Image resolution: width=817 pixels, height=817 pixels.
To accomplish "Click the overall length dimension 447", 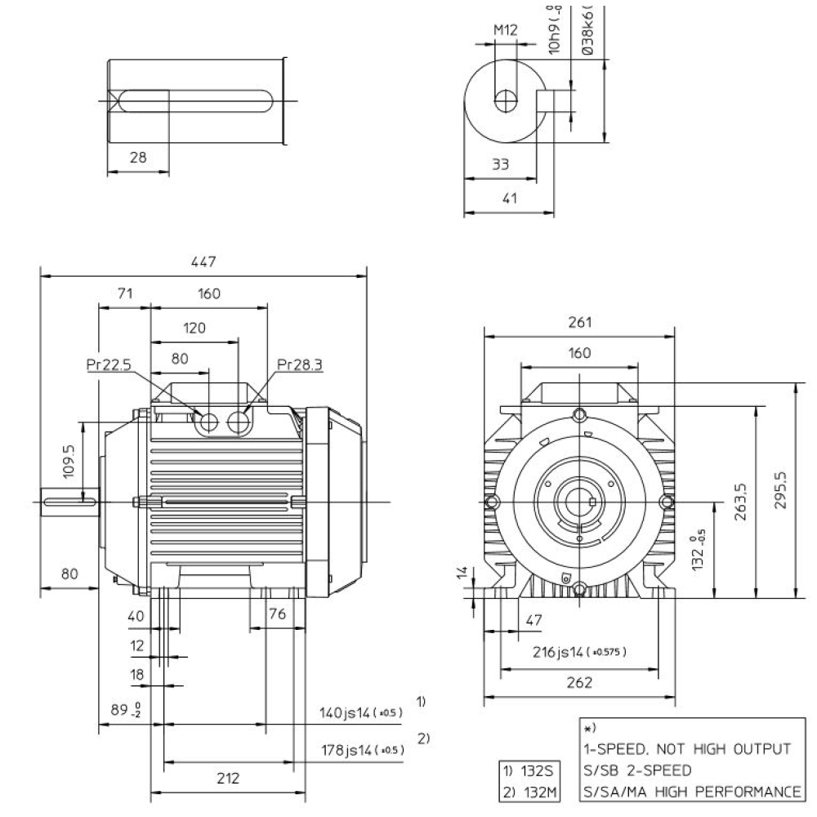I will coord(203,261).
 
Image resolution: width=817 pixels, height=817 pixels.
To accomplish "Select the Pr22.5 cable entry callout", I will coord(109,365).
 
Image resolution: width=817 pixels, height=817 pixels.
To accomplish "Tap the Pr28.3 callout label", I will coord(300,365).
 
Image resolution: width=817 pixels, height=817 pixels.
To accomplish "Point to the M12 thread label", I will coord(506,30).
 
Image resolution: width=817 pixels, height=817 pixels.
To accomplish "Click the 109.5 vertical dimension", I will coord(69,461).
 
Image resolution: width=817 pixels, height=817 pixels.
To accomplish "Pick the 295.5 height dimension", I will coord(782,489).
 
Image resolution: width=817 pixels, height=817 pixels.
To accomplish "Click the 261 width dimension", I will coord(579,322).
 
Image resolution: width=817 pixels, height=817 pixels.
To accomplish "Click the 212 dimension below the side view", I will coord(229,779).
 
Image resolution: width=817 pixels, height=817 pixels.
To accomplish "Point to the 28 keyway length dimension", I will coord(138,158).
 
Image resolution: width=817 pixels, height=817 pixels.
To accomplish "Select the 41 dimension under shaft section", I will coord(509,199).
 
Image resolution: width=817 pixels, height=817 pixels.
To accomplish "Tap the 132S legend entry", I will coord(529,770).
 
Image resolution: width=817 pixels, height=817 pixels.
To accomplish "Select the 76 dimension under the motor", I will coord(278,614).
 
